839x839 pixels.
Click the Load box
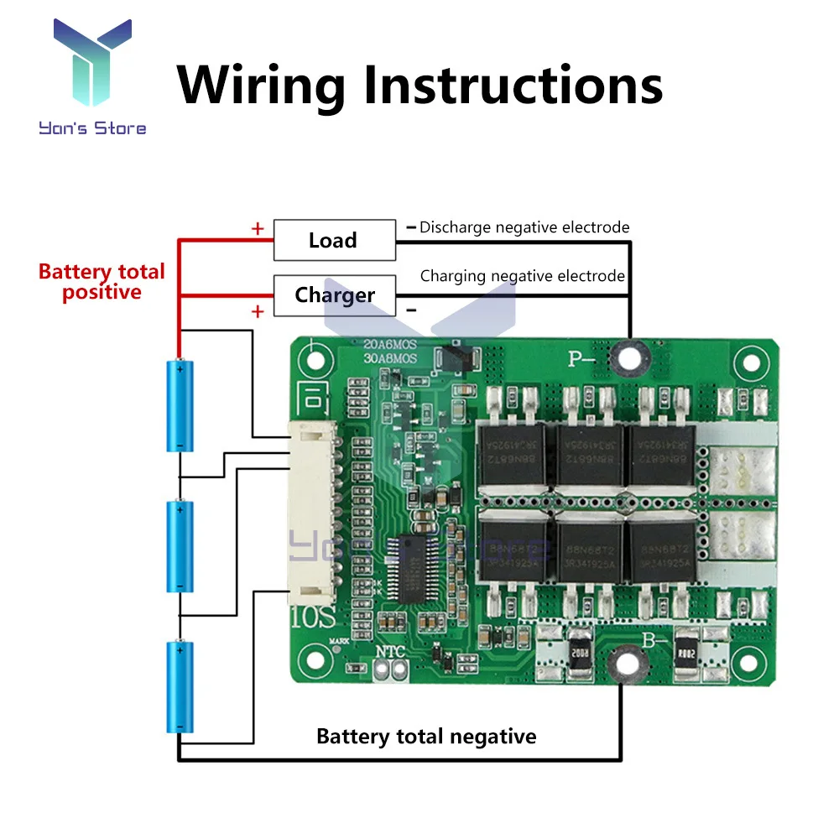(x=335, y=240)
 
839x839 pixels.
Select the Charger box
(x=335, y=295)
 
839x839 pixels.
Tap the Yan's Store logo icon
(x=92, y=67)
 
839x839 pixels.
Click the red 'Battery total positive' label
(x=102, y=282)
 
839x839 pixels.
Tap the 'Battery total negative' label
(x=426, y=737)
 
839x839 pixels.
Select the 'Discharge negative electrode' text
(x=524, y=227)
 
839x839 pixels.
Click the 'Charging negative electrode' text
(x=522, y=276)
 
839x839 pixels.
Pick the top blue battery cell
(x=180, y=404)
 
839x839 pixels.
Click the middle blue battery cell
(x=180, y=546)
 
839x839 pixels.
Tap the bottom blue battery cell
(x=180, y=686)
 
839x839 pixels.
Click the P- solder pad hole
(x=625, y=359)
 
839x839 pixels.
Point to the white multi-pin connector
(x=312, y=513)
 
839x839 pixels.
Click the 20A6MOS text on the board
(x=389, y=344)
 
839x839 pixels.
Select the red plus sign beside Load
(x=258, y=228)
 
